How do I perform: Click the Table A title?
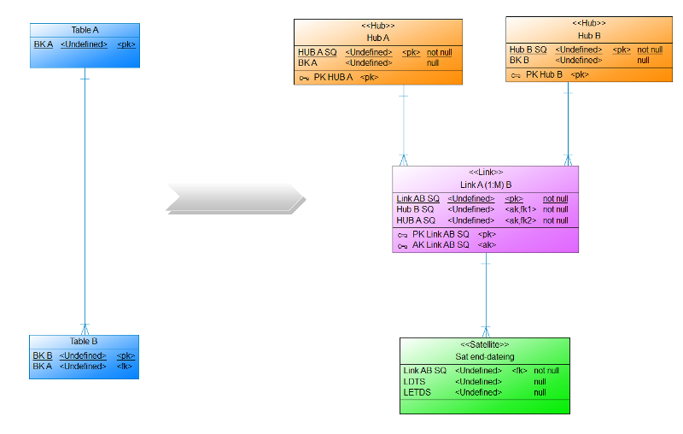[85, 30]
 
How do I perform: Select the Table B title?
[85, 341]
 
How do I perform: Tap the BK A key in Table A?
[43, 44]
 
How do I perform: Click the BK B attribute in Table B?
[43, 355]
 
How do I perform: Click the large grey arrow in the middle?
[236, 197]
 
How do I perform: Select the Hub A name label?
[378, 38]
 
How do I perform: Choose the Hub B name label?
[590, 36]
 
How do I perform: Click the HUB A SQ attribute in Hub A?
[317, 52]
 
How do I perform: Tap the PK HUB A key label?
[333, 78]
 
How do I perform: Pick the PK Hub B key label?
[544, 74]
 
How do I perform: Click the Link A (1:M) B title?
[486, 185]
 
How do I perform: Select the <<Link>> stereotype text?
[486, 173]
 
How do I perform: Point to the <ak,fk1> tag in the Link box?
[520, 209]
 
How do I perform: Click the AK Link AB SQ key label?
[441, 244]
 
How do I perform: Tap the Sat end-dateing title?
[484, 356]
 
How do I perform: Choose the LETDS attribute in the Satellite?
[417, 392]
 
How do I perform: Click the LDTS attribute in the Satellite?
[414, 381]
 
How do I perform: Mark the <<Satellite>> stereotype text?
[484, 344]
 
